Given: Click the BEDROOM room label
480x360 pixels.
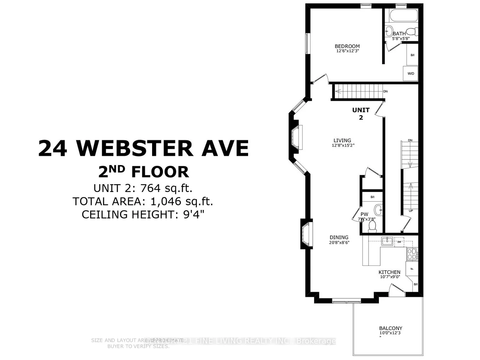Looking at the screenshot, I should [x=347, y=46].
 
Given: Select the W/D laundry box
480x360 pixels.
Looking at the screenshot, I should [x=411, y=73].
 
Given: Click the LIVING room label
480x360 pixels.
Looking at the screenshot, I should [x=342, y=140].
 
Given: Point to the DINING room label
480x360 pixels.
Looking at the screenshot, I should [x=339, y=237].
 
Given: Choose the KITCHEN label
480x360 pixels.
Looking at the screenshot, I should [x=389, y=272].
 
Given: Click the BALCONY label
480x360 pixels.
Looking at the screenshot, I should [x=391, y=328].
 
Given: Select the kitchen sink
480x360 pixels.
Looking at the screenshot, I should [x=387, y=241].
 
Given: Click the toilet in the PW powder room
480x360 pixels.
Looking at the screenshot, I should [x=372, y=225].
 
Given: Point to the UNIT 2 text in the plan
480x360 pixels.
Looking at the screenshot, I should [x=361, y=114].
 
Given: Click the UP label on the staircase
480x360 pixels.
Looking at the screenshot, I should [x=411, y=211].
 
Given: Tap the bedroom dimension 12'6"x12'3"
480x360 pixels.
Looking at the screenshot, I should [x=347, y=51].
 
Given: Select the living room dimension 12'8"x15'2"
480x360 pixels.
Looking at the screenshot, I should [x=343, y=145].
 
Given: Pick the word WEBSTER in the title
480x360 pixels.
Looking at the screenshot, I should [x=135, y=148].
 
